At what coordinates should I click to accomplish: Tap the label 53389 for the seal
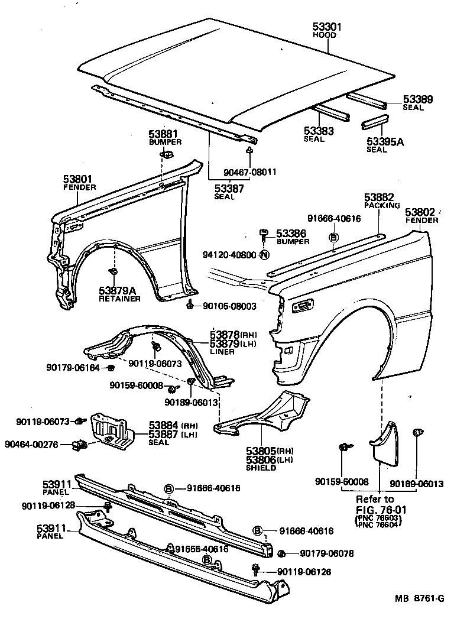pyautogui.click(x=418, y=99)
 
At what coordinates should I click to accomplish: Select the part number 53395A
pyautogui.click(x=385, y=141)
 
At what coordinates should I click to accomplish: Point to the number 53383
pyautogui.click(x=319, y=131)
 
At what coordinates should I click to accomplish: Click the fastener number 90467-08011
pyautogui.click(x=250, y=172)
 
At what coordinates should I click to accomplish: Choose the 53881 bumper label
pyautogui.click(x=163, y=134)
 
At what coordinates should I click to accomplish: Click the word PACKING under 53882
pyautogui.click(x=379, y=206)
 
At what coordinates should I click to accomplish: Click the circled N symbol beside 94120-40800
pyautogui.click(x=264, y=255)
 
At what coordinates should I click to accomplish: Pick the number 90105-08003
pyautogui.click(x=229, y=306)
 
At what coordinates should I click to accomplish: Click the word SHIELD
pyautogui.click(x=261, y=468)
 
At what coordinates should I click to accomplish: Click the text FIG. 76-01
pyautogui.click(x=381, y=510)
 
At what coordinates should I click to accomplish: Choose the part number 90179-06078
pyautogui.click(x=326, y=553)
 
